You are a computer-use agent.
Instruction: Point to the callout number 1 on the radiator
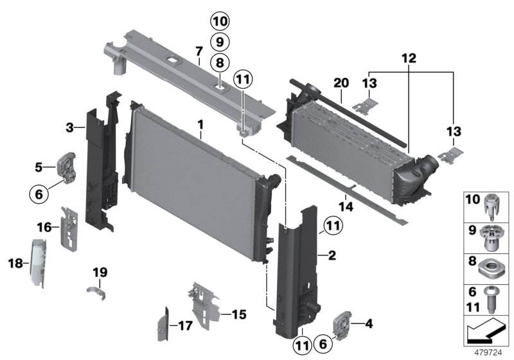[200, 122]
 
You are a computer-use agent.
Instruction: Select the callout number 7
[199, 50]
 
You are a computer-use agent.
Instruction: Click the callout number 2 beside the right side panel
[332, 256]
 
